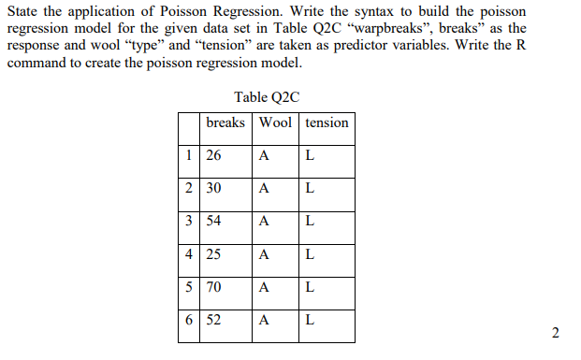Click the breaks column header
tap(225, 122)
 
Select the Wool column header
tap(275, 122)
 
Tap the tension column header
tap(327, 122)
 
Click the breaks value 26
tap(213, 155)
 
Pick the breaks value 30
tap(213, 188)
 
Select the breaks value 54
tap(213, 222)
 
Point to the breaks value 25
tap(213, 254)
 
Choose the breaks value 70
tap(213, 287)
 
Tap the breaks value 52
tap(213, 320)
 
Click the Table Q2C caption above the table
tap(268, 96)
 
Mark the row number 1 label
tap(190, 155)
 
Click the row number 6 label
tap(190, 320)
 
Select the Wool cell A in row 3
tap(265, 222)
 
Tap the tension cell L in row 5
tap(310, 287)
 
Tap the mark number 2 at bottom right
tap(556, 333)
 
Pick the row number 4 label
tap(190, 254)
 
